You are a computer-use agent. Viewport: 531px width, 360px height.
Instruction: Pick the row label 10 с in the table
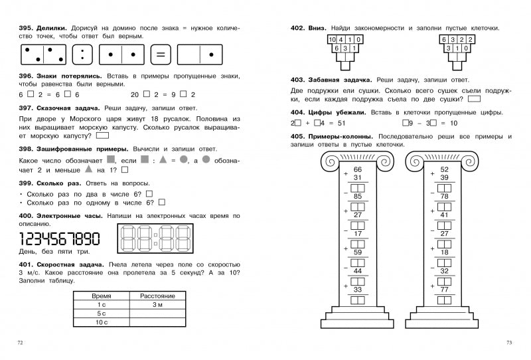tap(102, 322)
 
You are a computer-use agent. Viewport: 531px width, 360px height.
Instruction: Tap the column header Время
tap(102, 294)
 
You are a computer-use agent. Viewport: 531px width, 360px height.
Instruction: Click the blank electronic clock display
tap(153, 238)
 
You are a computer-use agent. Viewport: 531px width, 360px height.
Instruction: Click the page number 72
tap(21, 342)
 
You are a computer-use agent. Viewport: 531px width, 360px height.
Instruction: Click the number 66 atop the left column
tap(356, 169)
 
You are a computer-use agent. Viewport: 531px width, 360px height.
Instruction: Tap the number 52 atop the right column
tap(444, 169)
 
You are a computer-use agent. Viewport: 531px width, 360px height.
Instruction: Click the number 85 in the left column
tap(357, 196)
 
